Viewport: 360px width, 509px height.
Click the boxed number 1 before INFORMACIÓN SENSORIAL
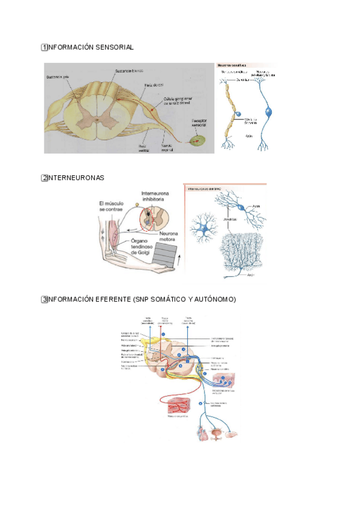click(x=44, y=47)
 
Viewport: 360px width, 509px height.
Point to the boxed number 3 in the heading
click(x=44, y=299)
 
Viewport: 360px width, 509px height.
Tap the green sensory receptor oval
click(x=196, y=141)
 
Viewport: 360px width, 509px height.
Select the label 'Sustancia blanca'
click(x=127, y=70)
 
